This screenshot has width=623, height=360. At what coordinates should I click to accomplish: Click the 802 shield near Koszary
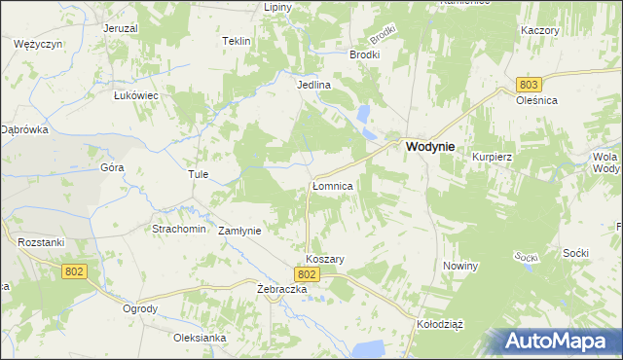[307, 276]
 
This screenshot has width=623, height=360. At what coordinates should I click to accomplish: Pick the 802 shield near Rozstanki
[74, 271]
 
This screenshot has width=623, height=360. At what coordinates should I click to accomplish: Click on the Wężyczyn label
[39, 45]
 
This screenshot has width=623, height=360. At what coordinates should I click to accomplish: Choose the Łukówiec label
[135, 95]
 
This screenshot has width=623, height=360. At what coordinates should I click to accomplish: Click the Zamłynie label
[239, 231]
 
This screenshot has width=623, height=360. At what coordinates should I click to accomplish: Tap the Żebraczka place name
[282, 290]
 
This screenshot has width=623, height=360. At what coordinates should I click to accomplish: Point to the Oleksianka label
[200, 338]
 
